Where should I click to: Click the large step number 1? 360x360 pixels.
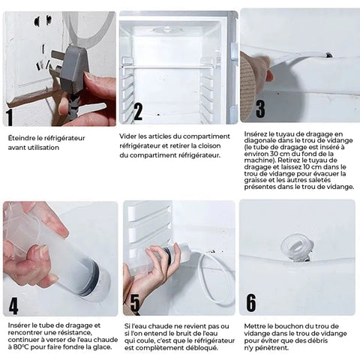coord(10,118)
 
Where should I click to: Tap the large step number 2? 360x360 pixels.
coord(138,112)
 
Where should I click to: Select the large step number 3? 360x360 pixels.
coord(260,109)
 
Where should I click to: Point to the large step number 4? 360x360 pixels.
coord(13,306)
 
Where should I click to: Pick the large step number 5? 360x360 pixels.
coord(135,303)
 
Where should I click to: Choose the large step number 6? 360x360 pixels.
coord(251,303)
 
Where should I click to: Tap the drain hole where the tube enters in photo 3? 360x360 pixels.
coord(329,55)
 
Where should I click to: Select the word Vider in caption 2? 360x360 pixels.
coord(127,136)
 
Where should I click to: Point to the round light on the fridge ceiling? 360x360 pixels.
coord(167,31)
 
